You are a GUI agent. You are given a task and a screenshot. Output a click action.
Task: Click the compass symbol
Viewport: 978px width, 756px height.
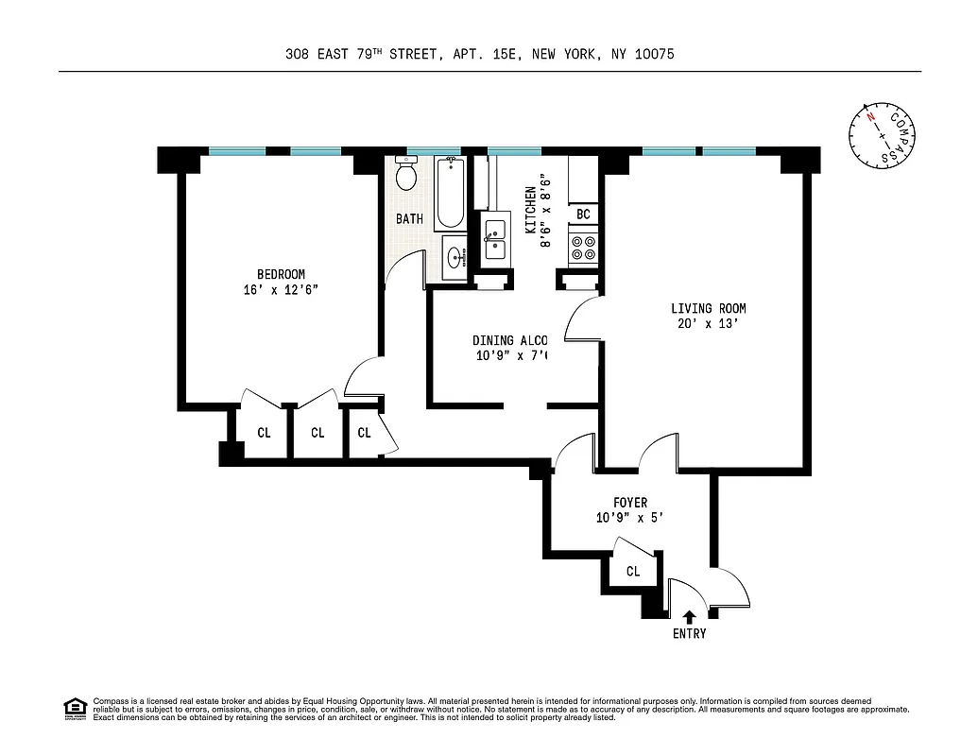881,135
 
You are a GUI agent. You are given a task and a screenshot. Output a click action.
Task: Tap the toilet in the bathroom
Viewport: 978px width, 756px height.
406,176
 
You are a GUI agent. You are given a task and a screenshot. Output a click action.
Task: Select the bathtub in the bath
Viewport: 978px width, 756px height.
450,194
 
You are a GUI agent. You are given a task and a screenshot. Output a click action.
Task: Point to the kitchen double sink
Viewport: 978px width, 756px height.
495,240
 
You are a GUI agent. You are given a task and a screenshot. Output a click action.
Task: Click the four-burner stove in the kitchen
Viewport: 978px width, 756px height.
583,248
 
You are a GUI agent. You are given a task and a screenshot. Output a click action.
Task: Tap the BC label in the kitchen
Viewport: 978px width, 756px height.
583,215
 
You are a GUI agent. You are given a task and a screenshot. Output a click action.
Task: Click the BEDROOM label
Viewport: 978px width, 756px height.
281,275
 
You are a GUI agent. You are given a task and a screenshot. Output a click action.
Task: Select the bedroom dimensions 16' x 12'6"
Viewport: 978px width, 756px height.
281,291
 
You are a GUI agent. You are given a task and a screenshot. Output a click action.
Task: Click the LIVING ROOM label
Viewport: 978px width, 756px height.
708,308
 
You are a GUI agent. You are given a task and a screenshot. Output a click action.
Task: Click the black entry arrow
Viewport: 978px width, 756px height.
689,617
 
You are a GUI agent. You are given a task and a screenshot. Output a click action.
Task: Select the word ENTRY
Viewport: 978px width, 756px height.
689,634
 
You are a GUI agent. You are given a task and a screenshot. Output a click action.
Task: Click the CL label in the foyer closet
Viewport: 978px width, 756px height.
632,572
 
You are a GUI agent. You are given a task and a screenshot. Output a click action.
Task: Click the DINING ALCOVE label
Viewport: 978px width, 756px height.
509,340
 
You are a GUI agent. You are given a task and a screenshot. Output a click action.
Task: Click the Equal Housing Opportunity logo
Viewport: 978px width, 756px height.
74,707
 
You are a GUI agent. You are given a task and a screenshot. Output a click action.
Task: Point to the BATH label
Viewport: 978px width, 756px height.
409,219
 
